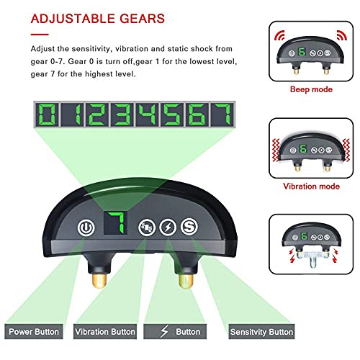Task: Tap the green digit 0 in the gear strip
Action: [47, 115]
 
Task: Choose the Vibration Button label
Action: [105, 332]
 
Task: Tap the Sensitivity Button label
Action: [261, 332]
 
